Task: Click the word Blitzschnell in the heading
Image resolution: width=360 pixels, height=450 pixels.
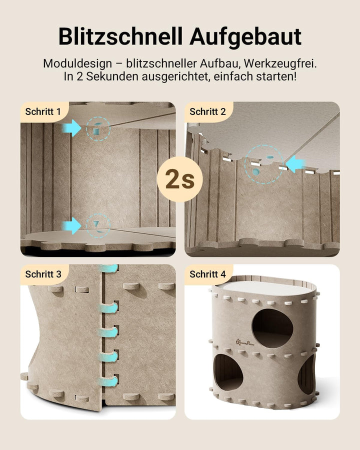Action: [120, 36]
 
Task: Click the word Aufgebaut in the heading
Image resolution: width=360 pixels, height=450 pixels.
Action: [245, 36]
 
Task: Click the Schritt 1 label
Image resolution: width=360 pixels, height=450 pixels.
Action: [43, 111]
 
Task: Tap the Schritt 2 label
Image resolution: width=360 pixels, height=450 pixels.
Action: [207, 111]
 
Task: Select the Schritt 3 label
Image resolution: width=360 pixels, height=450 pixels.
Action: [43, 274]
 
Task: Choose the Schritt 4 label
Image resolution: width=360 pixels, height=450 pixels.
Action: [207, 274]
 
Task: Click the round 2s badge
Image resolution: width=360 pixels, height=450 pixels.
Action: [180, 179]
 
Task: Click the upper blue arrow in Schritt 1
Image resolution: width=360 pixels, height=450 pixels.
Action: [72, 128]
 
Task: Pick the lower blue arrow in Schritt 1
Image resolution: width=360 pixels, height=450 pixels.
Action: [72, 225]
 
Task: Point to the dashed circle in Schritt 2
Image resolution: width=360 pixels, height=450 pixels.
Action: [264, 164]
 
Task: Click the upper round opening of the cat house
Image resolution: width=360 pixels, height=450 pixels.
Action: [272, 328]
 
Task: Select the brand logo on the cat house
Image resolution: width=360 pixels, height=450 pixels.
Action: [245, 341]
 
